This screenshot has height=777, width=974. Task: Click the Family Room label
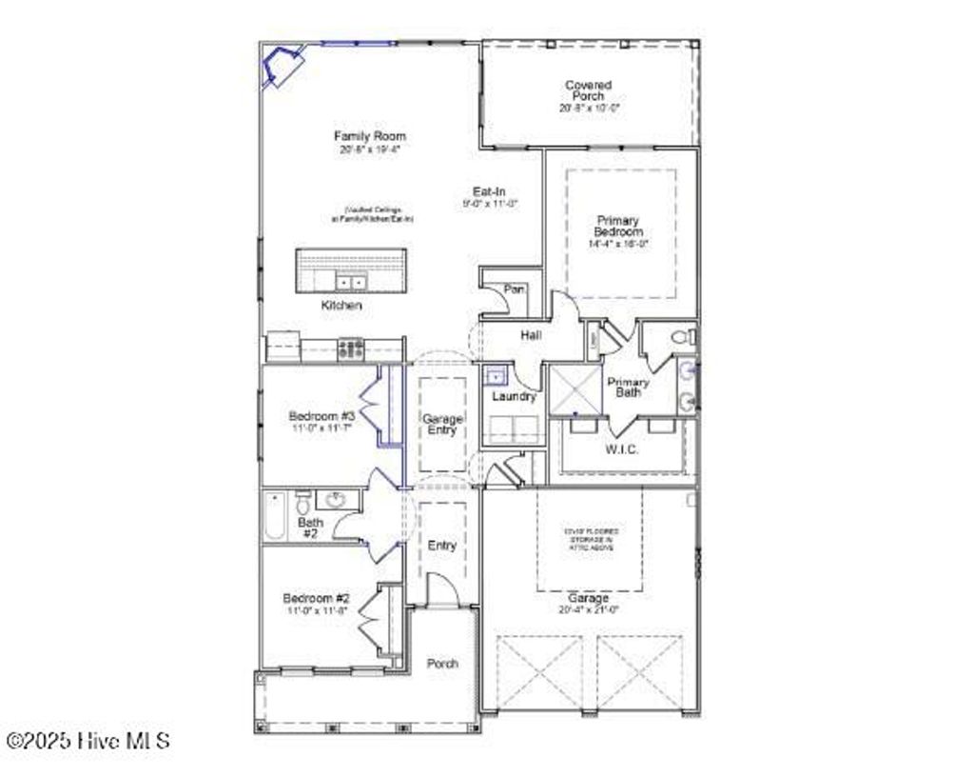[369, 136]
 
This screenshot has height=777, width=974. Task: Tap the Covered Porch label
[589, 90]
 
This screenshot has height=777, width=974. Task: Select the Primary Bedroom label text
[618, 226]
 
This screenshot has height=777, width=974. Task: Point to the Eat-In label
[489, 191]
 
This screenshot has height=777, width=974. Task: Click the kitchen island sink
[351, 282]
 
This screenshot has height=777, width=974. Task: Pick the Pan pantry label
[515, 289]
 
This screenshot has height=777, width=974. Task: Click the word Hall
[531, 335]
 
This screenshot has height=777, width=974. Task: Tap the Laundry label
[514, 396]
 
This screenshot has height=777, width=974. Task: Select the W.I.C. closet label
[622, 449]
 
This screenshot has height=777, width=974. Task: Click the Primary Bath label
[628, 387]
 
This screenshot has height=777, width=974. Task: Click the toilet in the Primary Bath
[682, 336]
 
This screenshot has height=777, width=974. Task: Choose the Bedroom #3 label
[321, 416]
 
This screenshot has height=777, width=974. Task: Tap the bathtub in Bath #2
[275, 516]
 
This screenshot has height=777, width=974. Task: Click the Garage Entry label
[442, 424]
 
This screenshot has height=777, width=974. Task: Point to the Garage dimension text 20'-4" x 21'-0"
[589, 610]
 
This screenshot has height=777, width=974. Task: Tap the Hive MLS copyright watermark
[88, 740]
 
